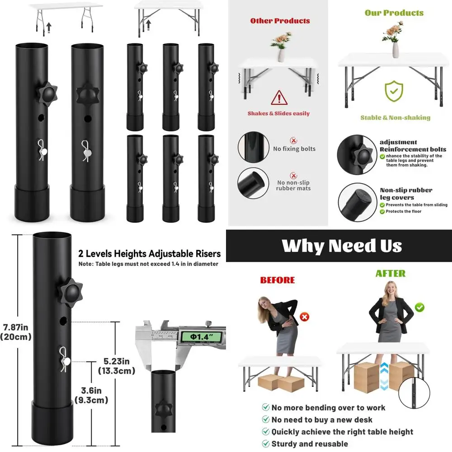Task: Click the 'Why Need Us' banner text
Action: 342,246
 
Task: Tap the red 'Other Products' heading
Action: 280,21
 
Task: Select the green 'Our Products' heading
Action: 394,13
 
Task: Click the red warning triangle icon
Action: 279,97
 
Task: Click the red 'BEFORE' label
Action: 277,280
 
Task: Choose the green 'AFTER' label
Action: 391,273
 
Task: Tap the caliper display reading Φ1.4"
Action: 201,337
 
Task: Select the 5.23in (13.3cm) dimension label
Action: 117,366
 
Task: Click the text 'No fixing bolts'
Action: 294,149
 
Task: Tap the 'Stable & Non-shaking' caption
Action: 395,118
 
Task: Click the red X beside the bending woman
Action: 305,317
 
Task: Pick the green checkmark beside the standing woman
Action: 420,307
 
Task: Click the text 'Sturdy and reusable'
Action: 310,444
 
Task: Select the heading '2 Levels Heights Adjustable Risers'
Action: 150,254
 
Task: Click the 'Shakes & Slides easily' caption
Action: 278,113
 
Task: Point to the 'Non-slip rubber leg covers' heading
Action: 405,194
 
